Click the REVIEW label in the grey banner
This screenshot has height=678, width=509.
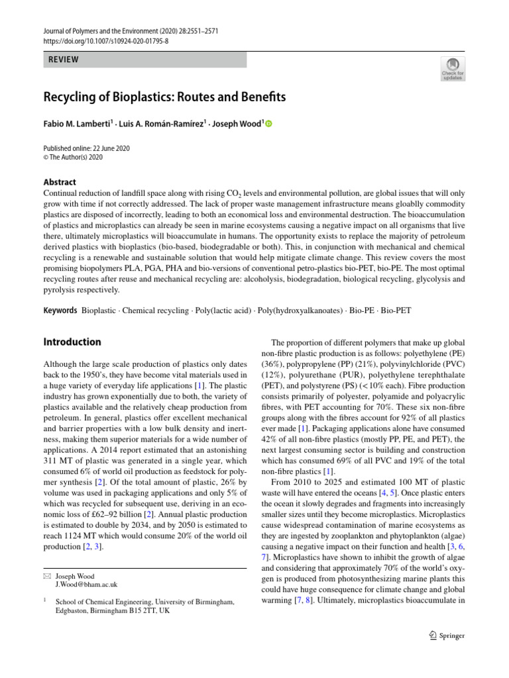coord(64,60)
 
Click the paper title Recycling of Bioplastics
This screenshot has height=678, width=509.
coord(164,97)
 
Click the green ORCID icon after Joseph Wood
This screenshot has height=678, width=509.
coord(268,124)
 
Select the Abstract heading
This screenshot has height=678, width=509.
coord(60,182)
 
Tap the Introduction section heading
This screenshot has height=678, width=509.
coord(72,342)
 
